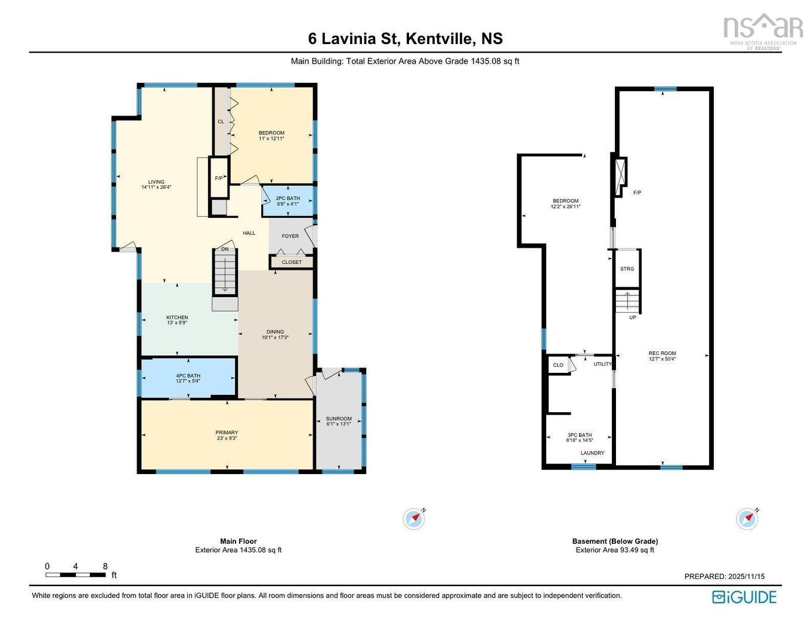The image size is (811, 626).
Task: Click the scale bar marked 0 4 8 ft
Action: [x=76, y=575]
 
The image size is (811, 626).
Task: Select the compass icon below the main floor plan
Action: [x=414, y=519]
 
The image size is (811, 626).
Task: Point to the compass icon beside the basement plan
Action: [x=747, y=519]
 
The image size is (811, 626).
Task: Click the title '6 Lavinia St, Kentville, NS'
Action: [x=405, y=39]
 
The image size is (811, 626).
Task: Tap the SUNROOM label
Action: [x=339, y=419]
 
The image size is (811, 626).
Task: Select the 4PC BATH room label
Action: [x=188, y=376]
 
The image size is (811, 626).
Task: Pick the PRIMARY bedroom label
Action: [x=227, y=432]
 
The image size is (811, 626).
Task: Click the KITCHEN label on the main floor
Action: [x=177, y=317]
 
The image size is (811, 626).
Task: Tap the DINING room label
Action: [x=275, y=332]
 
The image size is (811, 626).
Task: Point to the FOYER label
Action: [x=290, y=236]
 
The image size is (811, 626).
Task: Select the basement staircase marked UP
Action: [x=627, y=301]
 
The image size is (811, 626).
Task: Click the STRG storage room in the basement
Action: [x=627, y=269]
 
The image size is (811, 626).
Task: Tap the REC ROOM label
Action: [x=662, y=353]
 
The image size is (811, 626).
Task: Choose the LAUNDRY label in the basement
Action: [x=592, y=453]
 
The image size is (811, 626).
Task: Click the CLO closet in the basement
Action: [x=558, y=365]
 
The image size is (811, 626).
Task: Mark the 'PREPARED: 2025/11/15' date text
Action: [x=724, y=576]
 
